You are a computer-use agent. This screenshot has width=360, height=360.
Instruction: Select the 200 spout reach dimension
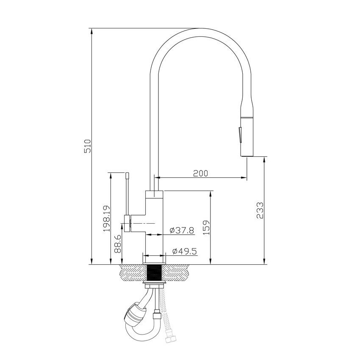200,173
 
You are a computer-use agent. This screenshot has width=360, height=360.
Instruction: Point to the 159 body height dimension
205,227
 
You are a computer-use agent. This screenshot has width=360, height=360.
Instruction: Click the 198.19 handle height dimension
106,219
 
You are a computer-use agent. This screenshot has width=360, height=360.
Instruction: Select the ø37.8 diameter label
181,230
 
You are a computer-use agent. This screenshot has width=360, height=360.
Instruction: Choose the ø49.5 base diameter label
185,252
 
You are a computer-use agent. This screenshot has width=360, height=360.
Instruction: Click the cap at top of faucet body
154,195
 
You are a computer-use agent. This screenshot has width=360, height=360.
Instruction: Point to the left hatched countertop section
132,273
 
